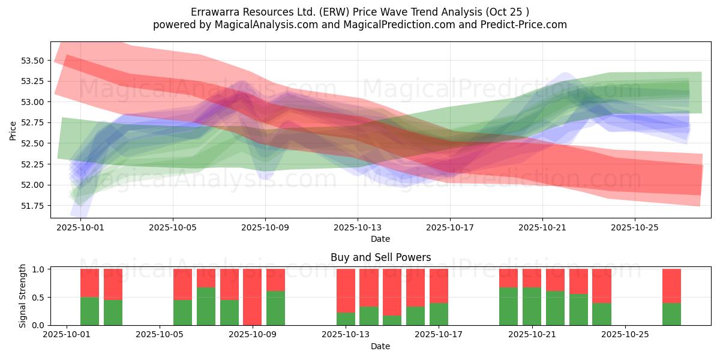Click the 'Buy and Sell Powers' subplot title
click(380, 257)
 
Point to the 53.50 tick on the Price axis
click(32, 61)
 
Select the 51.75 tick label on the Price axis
click(32, 206)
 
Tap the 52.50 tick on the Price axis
click(32, 143)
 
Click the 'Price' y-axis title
click(13, 130)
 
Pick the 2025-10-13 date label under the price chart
click(358, 228)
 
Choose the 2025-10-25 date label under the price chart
click(635, 228)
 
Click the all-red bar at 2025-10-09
click(252, 297)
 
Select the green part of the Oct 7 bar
click(206, 306)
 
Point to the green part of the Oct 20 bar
click(508, 306)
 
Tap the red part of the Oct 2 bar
click(89, 283)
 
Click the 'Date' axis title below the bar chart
click(380, 346)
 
